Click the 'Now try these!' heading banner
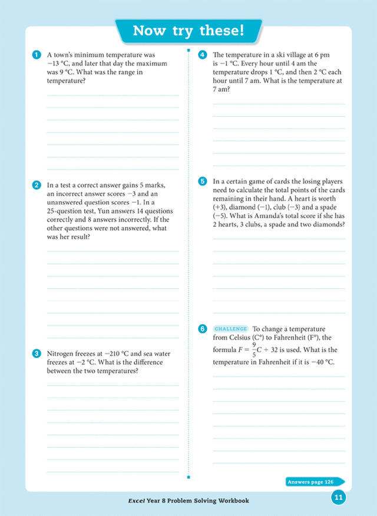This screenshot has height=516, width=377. coord(188,31)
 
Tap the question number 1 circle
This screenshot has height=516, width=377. coord(37,55)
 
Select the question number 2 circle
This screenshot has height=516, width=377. coord(37,185)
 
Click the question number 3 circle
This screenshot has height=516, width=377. coord(37,353)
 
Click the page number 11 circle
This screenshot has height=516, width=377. coord(338,497)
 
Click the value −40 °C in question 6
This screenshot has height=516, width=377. coord(319,361)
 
